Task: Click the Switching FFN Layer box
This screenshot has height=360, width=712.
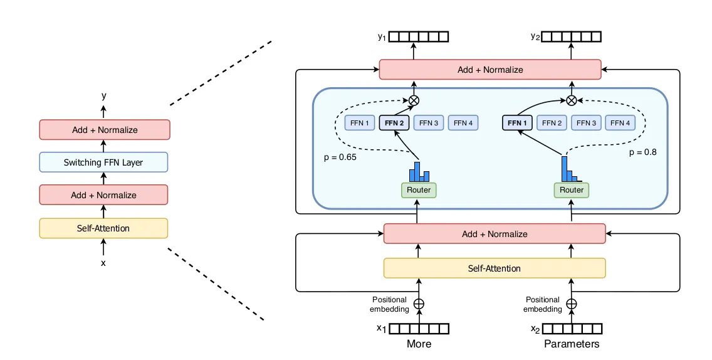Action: point(103,162)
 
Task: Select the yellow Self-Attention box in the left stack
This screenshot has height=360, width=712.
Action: point(103,228)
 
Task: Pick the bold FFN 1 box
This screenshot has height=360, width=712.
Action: point(518,123)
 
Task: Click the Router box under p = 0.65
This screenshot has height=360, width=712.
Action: point(419,189)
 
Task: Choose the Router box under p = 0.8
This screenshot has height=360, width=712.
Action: point(572,189)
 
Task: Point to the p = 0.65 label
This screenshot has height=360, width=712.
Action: point(340,157)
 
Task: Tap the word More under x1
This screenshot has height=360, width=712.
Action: point(419,344)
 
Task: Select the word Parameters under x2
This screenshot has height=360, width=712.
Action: point(572,344)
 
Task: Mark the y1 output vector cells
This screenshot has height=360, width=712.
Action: point(419,37)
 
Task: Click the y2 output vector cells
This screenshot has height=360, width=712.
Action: point(571,37)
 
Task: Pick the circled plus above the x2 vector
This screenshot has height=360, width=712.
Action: point(572,304)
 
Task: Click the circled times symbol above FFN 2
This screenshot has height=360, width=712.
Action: point(414,100)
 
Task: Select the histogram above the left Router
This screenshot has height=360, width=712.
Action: point(419,171)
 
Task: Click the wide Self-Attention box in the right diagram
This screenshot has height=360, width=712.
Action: point(495,268)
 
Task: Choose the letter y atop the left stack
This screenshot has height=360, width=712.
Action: point(103,96)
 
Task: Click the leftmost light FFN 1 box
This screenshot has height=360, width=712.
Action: point(359,123)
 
